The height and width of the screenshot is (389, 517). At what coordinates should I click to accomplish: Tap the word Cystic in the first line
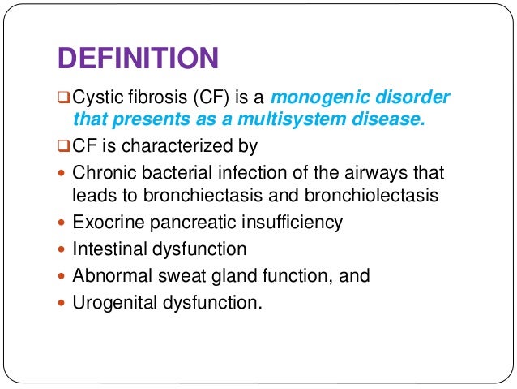click(x=96, y=97)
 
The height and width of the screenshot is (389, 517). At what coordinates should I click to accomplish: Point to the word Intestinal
click(x=107, y=249)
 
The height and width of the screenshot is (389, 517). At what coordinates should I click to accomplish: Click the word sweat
click(x=170, y=275)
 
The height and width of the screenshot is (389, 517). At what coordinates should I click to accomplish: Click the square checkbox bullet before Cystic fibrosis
click(x=64, y=98)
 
